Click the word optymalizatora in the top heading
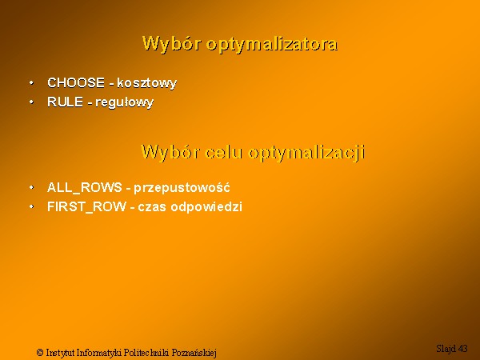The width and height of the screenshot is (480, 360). [x=272, y=45]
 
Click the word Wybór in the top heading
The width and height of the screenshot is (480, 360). [x=171, y=43]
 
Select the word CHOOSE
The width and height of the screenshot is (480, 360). [x=76, y=82]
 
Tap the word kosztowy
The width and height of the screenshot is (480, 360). [x=147, y=83]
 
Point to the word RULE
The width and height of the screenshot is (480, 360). [x=66, y=102]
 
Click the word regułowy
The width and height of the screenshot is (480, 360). [x=124, y=102]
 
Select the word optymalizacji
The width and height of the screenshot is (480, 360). [x=306, y=153]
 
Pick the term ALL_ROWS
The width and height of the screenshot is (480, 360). [x=85, y=188]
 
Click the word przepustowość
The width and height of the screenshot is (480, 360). [x=182, y=188]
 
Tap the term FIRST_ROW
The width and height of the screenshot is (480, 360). [x=86, y=207]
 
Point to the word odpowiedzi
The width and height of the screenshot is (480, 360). [x=206, y=207]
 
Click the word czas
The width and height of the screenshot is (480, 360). [x=152, y=207]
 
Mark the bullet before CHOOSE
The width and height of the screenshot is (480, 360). [x=31, y=82]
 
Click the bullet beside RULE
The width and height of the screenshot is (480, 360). [x=31, y=102]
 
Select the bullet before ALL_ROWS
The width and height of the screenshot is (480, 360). [x=31, y=187]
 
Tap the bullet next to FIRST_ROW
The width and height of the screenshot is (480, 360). [x=31, y=206]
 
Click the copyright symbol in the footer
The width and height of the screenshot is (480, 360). [x=40, y=352]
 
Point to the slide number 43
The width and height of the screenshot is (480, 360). [x=463, y=348]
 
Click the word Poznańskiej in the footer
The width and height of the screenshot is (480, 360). [x=194, y=353]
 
